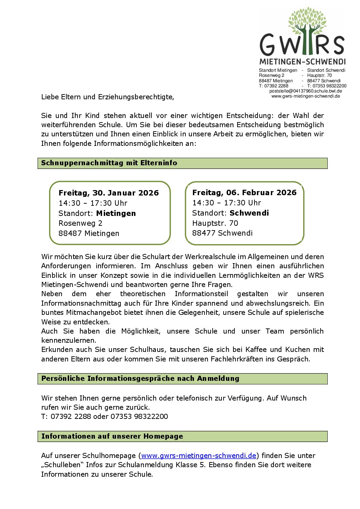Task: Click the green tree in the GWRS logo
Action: pos(307,27)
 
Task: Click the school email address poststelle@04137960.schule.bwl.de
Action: pos(306,91)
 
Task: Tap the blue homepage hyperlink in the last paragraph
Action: pos(198,456)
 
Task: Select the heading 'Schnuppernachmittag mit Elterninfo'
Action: pos(109,163)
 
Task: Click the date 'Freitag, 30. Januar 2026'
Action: pos(109,193)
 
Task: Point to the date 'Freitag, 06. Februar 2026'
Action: pos(244,193)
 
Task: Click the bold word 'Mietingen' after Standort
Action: pos(116,214)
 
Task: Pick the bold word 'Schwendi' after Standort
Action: pos(249,213)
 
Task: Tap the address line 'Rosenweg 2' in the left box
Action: pos(80,223)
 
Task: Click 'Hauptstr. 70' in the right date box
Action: pos(215,223)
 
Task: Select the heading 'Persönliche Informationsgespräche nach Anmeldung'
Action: pos(140,378)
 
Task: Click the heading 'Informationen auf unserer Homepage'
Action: pos(112,436)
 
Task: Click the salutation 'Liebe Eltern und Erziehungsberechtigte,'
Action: pos(108,97)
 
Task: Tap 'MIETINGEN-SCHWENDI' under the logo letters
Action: pos(302,62)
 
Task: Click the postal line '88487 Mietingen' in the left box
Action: pos(89,234)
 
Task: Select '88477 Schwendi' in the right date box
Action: pos(222,233)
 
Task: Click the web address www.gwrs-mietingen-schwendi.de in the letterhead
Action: pos(306,96)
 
